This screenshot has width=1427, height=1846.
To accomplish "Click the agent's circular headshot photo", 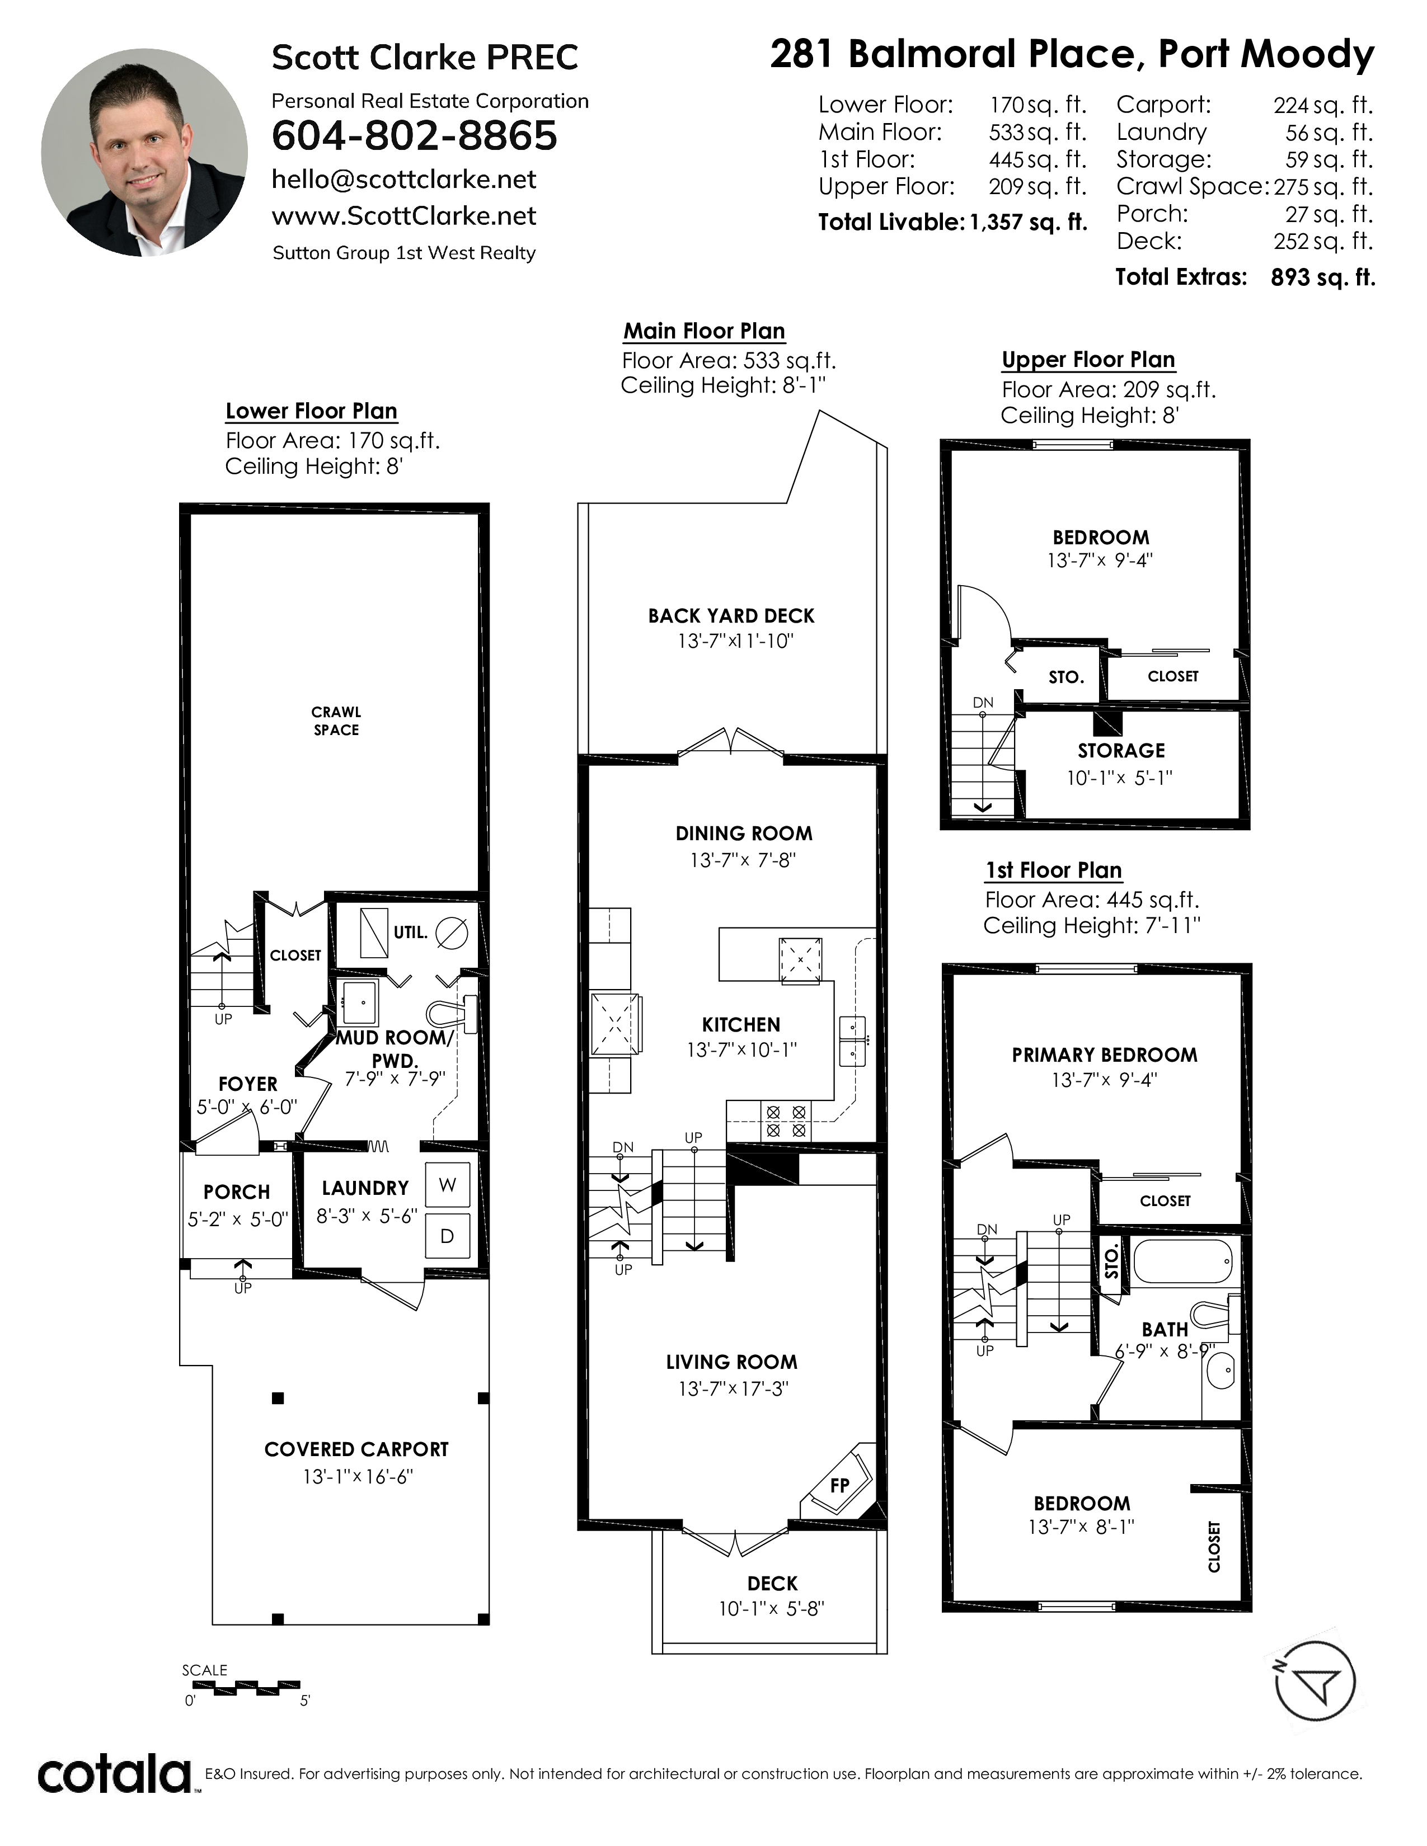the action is click(144, 152).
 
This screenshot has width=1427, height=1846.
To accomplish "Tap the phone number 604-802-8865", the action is click(414, 136).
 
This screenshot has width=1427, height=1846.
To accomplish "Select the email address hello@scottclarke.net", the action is click(404, 179).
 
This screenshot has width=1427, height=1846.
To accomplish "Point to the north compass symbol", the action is click(1315, 1681).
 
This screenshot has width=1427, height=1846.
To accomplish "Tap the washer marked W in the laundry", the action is click(447, 1185).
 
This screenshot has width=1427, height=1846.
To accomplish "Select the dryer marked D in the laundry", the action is click(447, 1236).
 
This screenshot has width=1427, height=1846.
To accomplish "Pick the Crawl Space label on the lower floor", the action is click(336, 721).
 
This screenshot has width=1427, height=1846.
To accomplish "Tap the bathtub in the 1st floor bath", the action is click(1184, 1263).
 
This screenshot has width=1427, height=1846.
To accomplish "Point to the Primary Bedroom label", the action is click(1105, 1055).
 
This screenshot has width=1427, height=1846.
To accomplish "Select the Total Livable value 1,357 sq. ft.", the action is click(1028, 222).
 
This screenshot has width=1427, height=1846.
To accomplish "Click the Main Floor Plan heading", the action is click(704, 331).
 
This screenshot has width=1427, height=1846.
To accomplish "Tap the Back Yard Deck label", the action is click(731, 616).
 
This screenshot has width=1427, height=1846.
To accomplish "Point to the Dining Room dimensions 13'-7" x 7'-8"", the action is click(743, 860).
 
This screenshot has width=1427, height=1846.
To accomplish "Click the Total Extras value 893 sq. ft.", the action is click(1323, 278).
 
